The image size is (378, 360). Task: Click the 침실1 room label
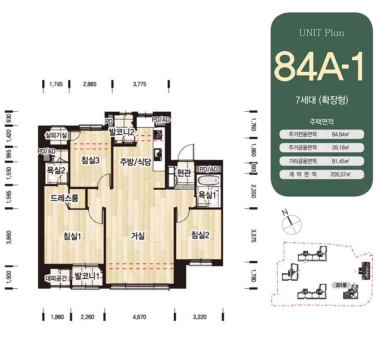[72, 236]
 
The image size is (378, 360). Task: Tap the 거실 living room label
[138, 235]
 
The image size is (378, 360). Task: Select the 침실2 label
[200, 235]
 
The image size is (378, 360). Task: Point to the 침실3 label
[90, 160]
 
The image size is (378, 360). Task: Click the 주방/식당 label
[136, 162]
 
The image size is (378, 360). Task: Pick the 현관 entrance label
[184, 173]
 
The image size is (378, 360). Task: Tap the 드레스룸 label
[64, 198]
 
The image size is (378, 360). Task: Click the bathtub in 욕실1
[208, 180]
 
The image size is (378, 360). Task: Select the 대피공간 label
[56, 278]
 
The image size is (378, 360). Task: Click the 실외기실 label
[56, 135]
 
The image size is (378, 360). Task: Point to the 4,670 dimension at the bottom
[139, 317]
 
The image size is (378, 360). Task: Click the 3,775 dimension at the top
[139, 84]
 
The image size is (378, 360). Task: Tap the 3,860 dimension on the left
[9, 238]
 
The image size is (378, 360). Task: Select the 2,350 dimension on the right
[253, 191]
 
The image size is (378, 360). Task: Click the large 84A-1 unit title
[319, 66]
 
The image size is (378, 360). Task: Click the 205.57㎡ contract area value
[341, 174]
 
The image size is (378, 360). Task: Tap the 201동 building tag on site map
[341, 285]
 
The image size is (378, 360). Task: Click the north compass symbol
[291, 223]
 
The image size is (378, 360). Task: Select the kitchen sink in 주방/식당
[158, 154]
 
